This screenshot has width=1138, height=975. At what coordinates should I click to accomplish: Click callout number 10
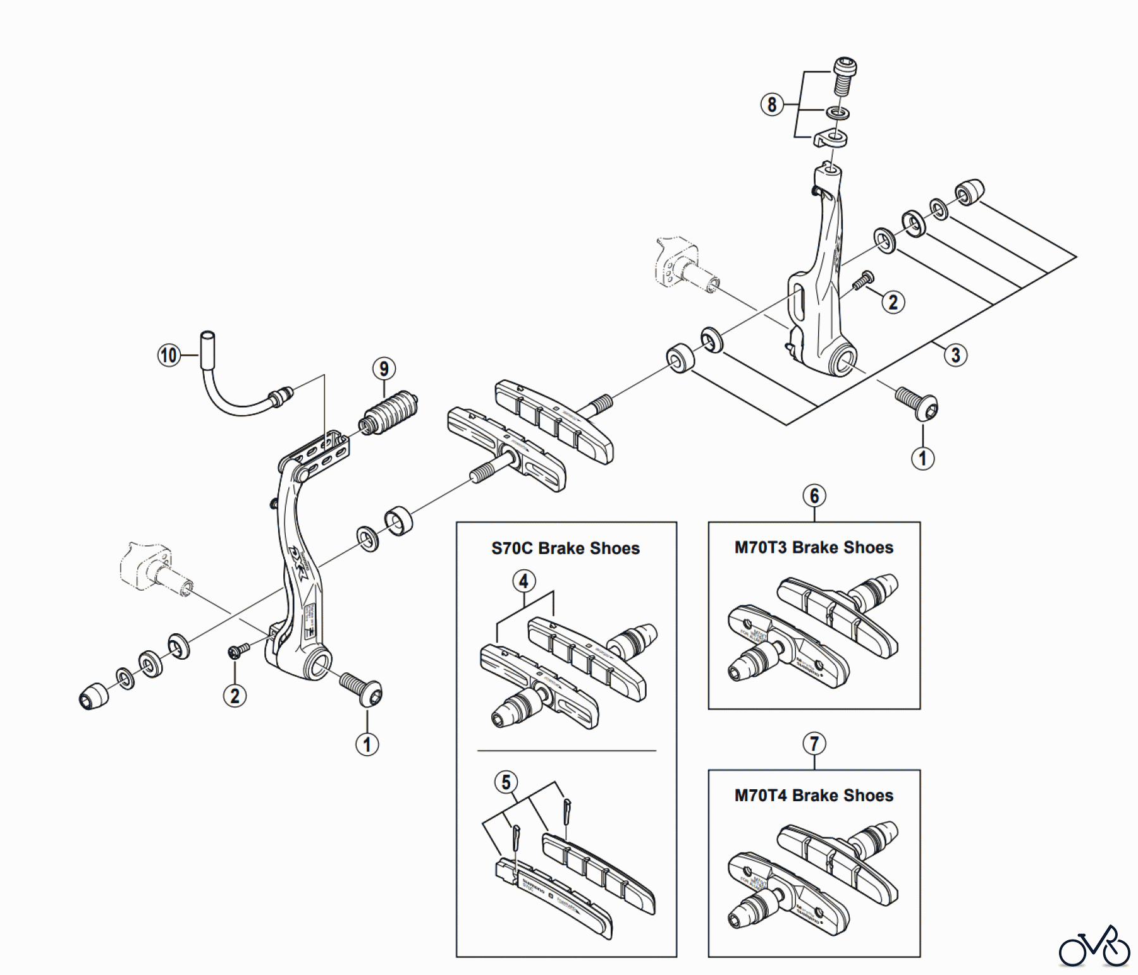pos(169,355)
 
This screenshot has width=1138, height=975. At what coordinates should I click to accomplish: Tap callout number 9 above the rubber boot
pos(384,368)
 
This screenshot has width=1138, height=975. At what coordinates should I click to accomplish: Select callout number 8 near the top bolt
pos(772,104)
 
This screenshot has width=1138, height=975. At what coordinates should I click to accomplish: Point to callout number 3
pos(955,355)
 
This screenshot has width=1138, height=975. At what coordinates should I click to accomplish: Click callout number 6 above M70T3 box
pos(814,495)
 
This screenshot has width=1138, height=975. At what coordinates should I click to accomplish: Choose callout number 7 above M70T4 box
pos(814,744)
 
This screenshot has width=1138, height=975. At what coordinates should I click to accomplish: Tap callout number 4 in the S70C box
pos(523,581)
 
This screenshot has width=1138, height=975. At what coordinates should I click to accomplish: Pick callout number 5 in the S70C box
pos(506,782)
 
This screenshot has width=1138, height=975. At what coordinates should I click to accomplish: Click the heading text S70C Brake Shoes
pos(565,548)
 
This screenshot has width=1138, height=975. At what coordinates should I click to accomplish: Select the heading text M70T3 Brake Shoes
pos(814,548)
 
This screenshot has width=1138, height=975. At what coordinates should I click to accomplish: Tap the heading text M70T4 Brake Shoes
pos(814,796)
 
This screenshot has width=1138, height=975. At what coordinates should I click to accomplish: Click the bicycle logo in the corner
pos(1094,948)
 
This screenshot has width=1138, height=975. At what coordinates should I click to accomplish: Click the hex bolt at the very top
pos(845,76)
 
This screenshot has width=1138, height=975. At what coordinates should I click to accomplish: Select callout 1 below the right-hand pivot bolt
pos(922,458)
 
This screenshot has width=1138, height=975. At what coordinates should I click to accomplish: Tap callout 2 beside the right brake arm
pos(893,302)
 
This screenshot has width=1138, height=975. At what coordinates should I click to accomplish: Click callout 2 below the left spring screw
pos(235,696)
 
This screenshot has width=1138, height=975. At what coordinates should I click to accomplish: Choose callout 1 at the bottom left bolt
pos(367,744)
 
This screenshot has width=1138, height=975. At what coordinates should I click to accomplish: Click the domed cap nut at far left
pos(94,696)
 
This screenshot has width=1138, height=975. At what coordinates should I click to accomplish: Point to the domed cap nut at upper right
pos(970,191)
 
